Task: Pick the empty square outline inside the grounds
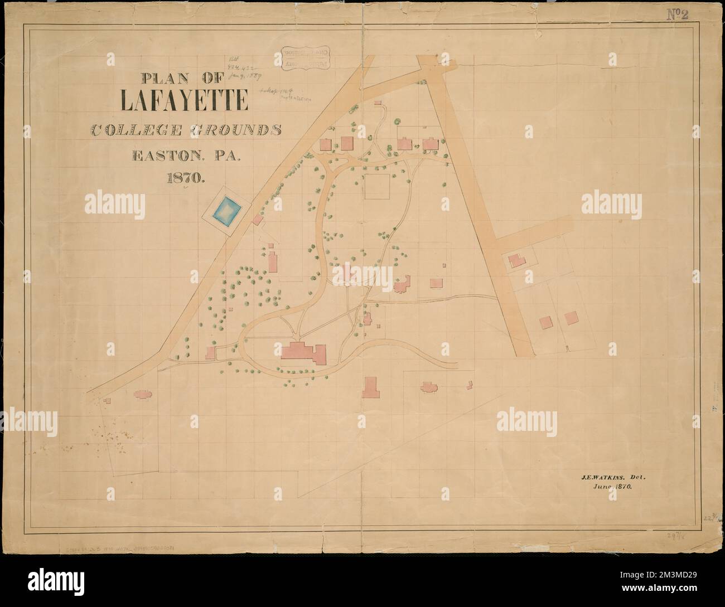click(378, 186)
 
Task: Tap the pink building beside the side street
click(515, 260)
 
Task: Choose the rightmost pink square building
click(571, 318)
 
